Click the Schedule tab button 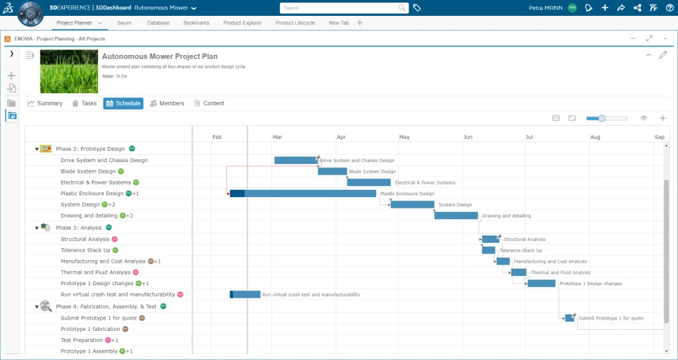(123, 103)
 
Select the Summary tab (45, 103)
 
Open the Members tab (167, 103)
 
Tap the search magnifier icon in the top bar (403, 8)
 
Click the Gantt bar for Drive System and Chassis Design (295, 160)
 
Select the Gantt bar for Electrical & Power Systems (369, 182)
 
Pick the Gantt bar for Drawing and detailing (456, 215)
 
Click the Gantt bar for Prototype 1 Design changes (541, 283)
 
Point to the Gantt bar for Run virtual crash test (245, 294)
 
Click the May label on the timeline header (404, 137)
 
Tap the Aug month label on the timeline (595, 137)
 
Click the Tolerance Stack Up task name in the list (85, 250)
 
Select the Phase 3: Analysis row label (79, 228)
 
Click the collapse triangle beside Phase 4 (37, 307)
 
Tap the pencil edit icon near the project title (663, 56)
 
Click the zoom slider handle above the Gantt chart (601, 118)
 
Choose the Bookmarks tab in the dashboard (196, 23)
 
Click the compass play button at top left (30, 12)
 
